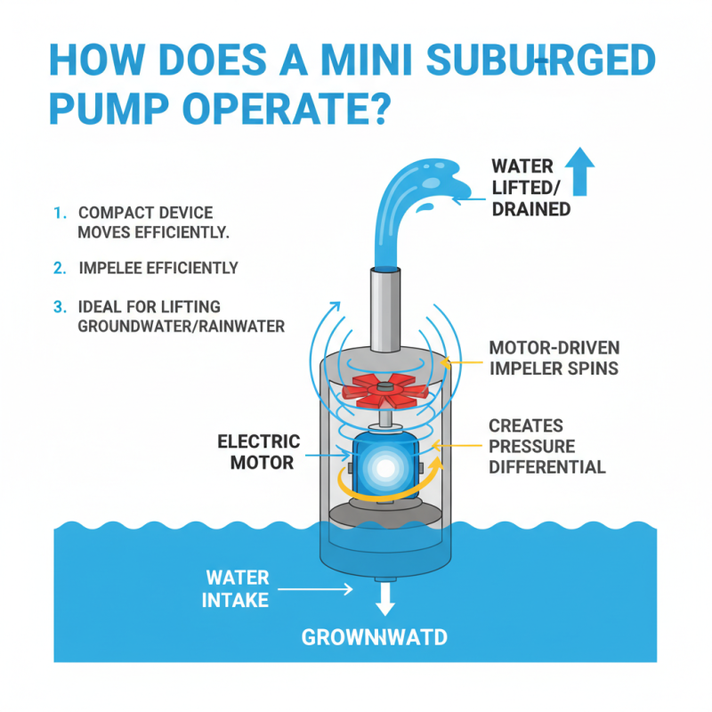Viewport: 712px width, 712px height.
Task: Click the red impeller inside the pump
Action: coord(384,388)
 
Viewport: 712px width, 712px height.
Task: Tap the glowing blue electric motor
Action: coord(384,464)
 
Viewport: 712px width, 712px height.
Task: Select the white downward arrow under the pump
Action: coord(384,599)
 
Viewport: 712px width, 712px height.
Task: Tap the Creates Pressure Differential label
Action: coord(546,446)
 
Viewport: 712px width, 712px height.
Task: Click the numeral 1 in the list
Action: coord(58,214)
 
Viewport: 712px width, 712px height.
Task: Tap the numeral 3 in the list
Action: coord(59,307)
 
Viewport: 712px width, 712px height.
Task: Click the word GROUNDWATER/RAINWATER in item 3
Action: coord(182,326)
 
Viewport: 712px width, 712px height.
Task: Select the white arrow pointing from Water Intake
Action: coord(317,588)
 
